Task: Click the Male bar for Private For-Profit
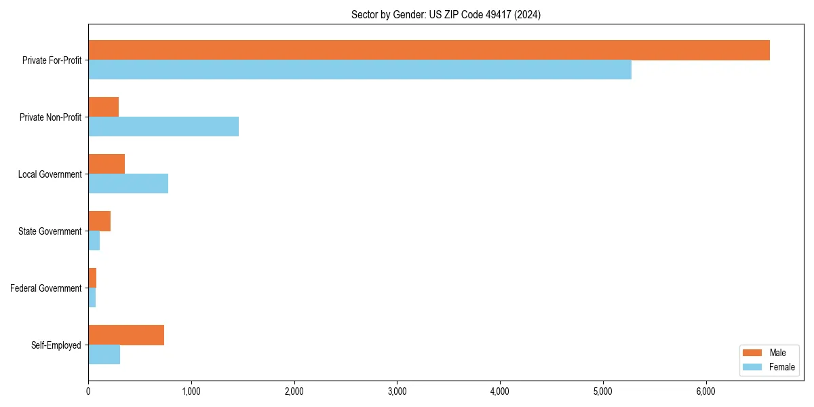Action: pyautogui.click(x=429, y=50)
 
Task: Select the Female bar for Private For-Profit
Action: pyautogui.click(x=360, y=70)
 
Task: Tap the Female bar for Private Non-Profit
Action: pyautogui.click(x=163, y=127)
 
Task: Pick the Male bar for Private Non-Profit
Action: pyautogui.click(x=104, y=107)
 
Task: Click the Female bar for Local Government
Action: pyautogui.click(x=128, y=184)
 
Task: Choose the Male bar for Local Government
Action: pyautogui.click(x=106, y=164)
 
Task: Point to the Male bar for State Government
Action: pyautogui.click(x=100, y=221)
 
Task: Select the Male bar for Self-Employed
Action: pyautogui.click(x=126, y=335)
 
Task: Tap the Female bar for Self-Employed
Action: pyautogui.click(x=104, y=355)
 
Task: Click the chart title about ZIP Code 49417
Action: pyautogui.click(x=446, y=14)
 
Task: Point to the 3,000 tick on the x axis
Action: pyautogui.click(x=397, y=391)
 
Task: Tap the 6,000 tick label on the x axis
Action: pyautogui.click(x=705, y=391)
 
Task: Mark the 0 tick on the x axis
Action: pyautogui.click(x=88, y=391)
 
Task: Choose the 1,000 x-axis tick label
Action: pyautogui.click(x=191, y=391)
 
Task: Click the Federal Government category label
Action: pyautogui.click(x=46, y=288)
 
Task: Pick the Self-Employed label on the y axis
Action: pyautogui.click(x=56, y=345)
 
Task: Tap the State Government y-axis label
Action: pyautogui.click(x=50, y=231)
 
